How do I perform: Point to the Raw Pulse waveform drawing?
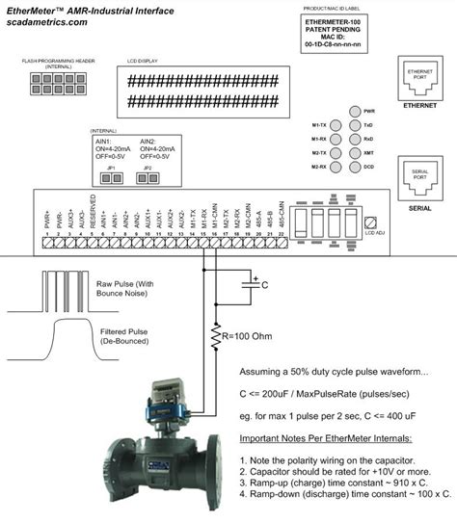tap(58, 288)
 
